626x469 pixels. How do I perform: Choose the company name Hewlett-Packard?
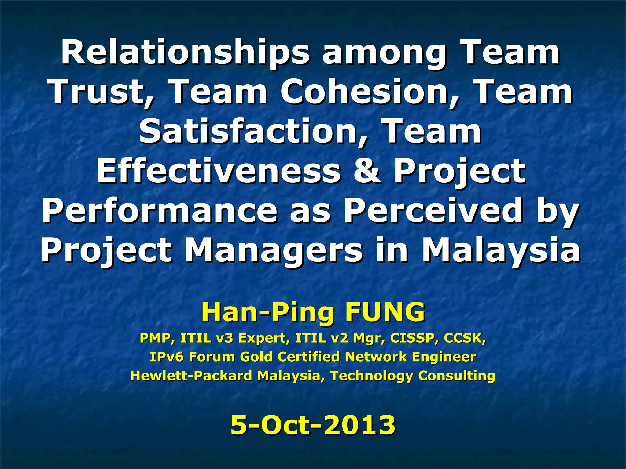tap(191, 376)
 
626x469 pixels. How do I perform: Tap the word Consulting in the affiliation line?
tap(457, 376)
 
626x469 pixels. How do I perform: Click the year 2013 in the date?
tap(359, 425)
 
